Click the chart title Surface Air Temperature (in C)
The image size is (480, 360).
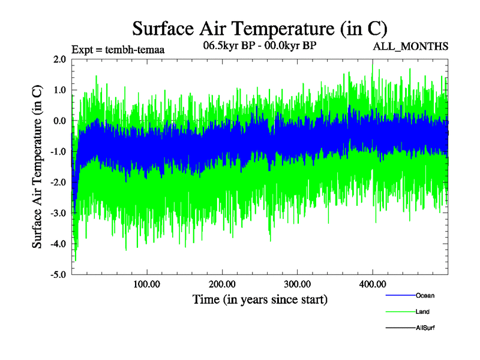pos(259,28)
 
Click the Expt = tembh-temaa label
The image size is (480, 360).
pos(118,50)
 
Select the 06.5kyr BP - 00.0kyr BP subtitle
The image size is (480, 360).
pos(260,45)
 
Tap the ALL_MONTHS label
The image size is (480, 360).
pos(410,46)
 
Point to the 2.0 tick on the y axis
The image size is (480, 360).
pos(59,59)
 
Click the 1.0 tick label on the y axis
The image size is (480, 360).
pos(59,90)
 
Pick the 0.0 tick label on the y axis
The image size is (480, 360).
pos(59,121)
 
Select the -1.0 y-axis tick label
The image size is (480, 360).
pos(58,152)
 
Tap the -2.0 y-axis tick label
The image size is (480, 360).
pos(58,182)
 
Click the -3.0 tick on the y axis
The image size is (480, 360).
pos(58,213)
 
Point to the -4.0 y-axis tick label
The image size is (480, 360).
pos(58,244)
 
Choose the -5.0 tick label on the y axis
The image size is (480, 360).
pos(58,275)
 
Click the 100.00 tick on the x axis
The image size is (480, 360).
pos(147,284)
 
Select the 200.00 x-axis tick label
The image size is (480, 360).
pos(222,284)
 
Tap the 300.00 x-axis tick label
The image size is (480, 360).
pos(298,284)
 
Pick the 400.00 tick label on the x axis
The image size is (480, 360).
pos(373,284)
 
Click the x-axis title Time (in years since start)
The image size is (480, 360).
pos(260,299)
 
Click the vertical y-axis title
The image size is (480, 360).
pos(37,167)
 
